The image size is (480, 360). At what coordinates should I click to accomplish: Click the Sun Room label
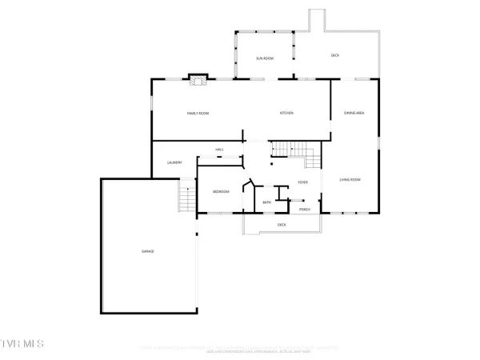[x=265, y=59]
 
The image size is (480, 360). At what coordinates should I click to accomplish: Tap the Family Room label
[x=198, y=114]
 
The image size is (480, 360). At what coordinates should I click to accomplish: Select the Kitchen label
[x=286, y=114]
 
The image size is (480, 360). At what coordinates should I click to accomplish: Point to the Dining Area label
[x=354, y=114]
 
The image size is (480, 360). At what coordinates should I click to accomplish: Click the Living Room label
[x=350, y=179]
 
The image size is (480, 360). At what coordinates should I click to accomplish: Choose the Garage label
[x=148, y=252]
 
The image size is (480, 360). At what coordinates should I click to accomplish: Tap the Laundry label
[x=174, y=163]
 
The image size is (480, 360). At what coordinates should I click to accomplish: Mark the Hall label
[x=219, y=150]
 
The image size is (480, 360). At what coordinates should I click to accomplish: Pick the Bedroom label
[x=221, y=192]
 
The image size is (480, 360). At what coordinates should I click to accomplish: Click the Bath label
[x=267, y=202]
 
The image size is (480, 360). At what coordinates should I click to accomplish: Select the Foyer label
[x=303, y=182]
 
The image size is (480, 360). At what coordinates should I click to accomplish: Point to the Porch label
[x=305, y=210]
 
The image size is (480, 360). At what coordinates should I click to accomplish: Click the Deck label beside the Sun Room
[x=336, y=55]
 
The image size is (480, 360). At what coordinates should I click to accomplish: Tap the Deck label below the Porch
[x=282, y=225]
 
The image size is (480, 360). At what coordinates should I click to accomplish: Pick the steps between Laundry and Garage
[x=187, y=197]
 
